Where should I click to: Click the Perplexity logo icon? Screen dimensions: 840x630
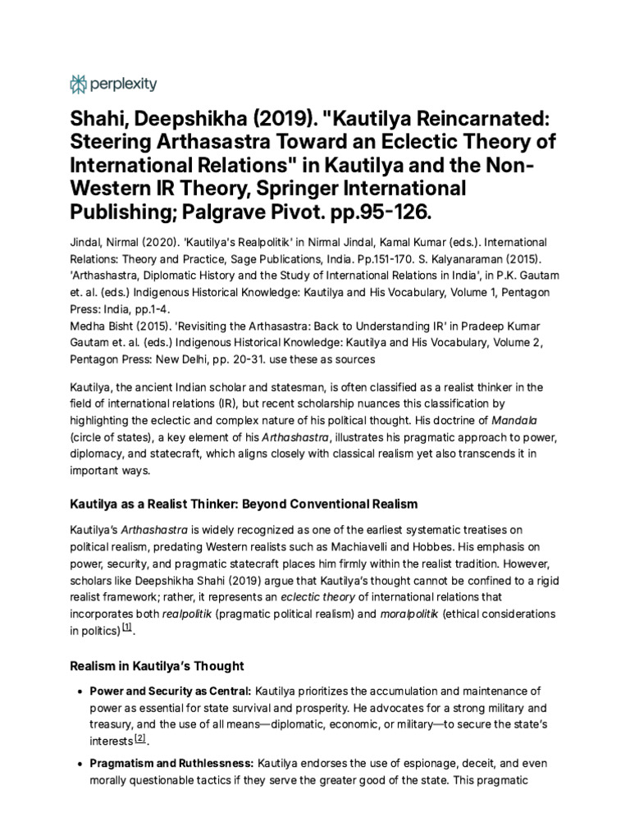(x=79, y=84)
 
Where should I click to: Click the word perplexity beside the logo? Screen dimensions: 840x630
(x=123, y=84)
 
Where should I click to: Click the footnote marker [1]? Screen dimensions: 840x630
(x=126, y=628)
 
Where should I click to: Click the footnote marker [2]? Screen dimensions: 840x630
(x=140, y=738)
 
